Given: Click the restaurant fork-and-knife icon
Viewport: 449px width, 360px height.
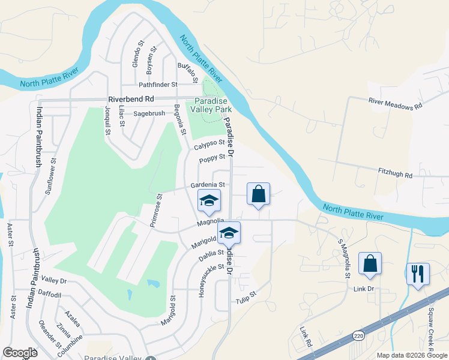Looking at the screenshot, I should coord(417,274).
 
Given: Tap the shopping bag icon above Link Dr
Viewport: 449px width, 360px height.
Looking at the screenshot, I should coord(370,263).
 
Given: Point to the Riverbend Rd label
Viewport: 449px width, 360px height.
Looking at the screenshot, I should coord(131,99).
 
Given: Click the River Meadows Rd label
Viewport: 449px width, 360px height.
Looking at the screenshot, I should coord(396,103).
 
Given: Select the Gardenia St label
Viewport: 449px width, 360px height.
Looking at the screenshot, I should coord(208,185).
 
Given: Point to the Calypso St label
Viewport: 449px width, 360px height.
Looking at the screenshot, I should coord(209,145).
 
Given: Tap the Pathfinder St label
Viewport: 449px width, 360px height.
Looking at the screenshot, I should coord(158,85).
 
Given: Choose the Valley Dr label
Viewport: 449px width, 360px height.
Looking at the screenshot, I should coord(54,280).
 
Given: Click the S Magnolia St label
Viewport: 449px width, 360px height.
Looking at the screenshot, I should coord(344,259).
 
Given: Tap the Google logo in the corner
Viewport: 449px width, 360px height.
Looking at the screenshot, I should coord(20,353).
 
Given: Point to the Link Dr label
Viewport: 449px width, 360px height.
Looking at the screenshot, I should coord(363,289).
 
